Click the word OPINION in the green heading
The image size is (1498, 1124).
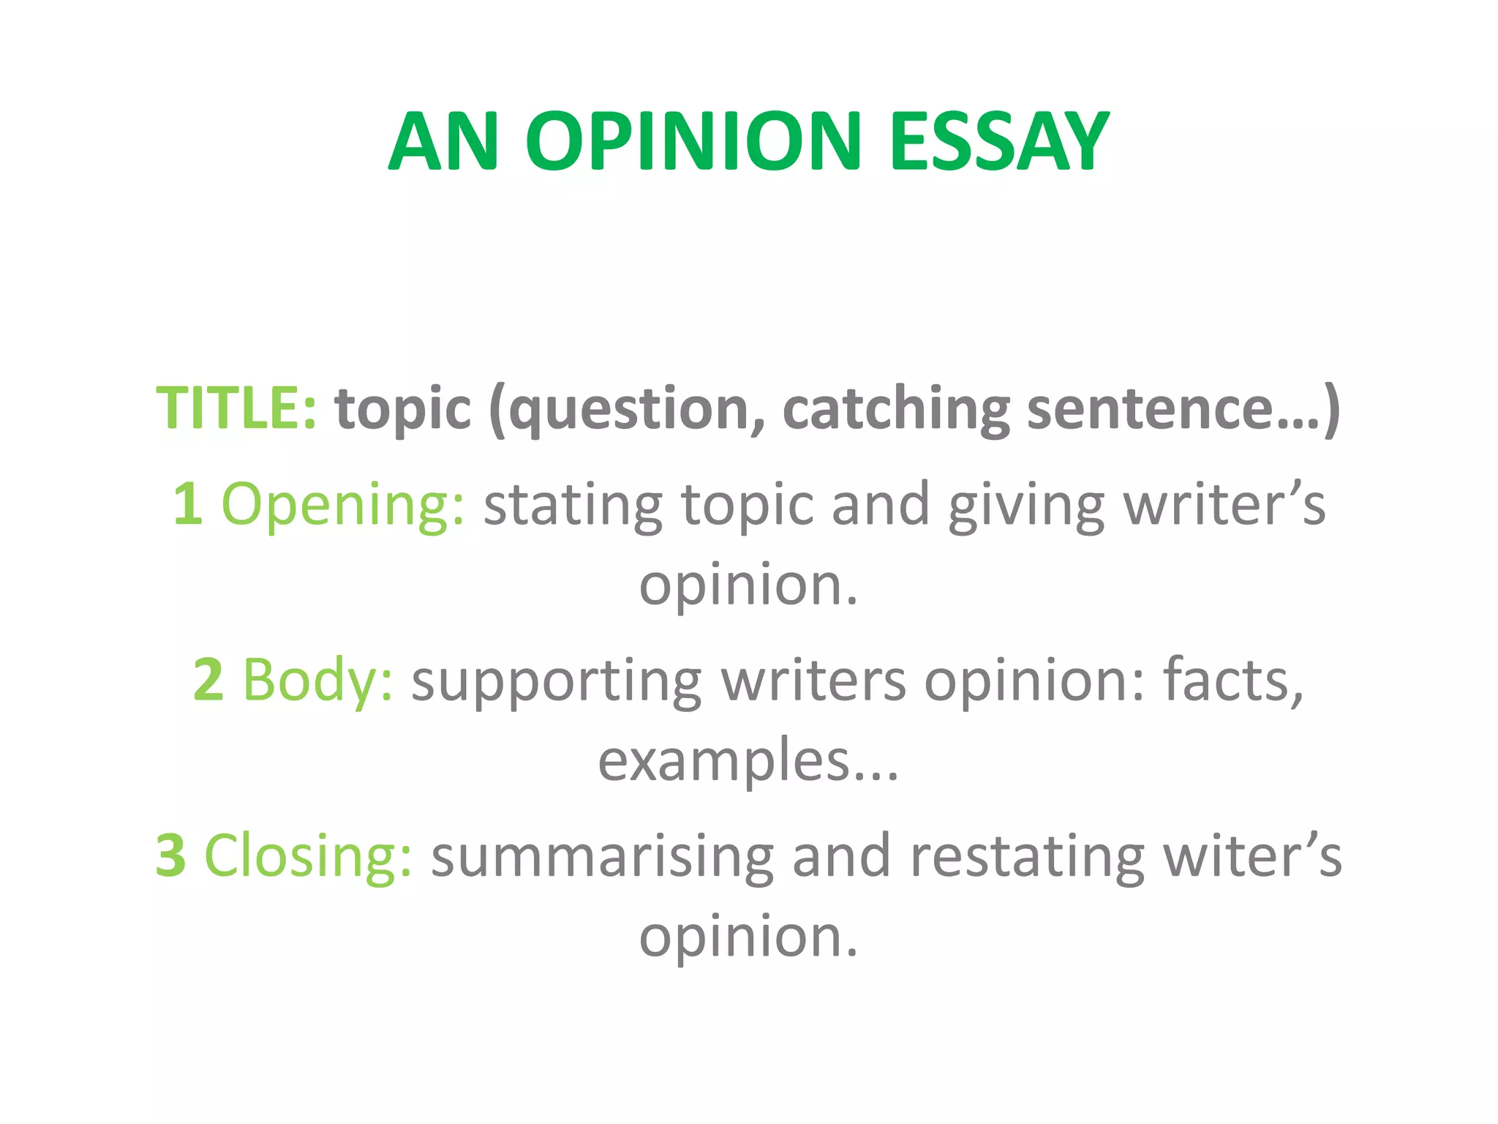(693, 141)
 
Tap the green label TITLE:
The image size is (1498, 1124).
(236, 408)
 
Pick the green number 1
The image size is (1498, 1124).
(187, 504)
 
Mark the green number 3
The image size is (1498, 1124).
(170, 855)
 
